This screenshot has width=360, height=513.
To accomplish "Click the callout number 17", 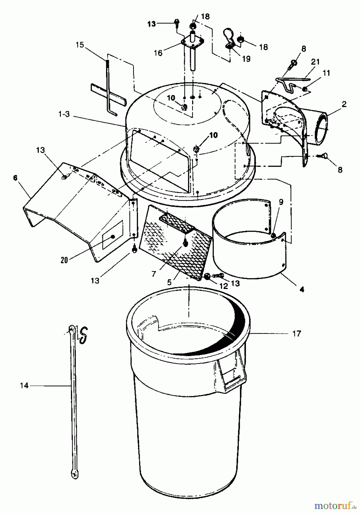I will [296, 333].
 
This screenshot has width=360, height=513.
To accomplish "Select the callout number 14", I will [24, 386].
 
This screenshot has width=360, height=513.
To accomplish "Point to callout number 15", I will [80, 45].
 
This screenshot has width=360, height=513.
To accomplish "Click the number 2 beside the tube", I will [344, 104].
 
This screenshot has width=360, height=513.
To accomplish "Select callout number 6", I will [15, 178].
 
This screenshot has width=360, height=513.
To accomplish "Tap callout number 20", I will [64, 260].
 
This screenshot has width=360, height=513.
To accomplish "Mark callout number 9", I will [281, 202].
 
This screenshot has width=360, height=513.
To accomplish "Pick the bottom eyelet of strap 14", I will [74, 475].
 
